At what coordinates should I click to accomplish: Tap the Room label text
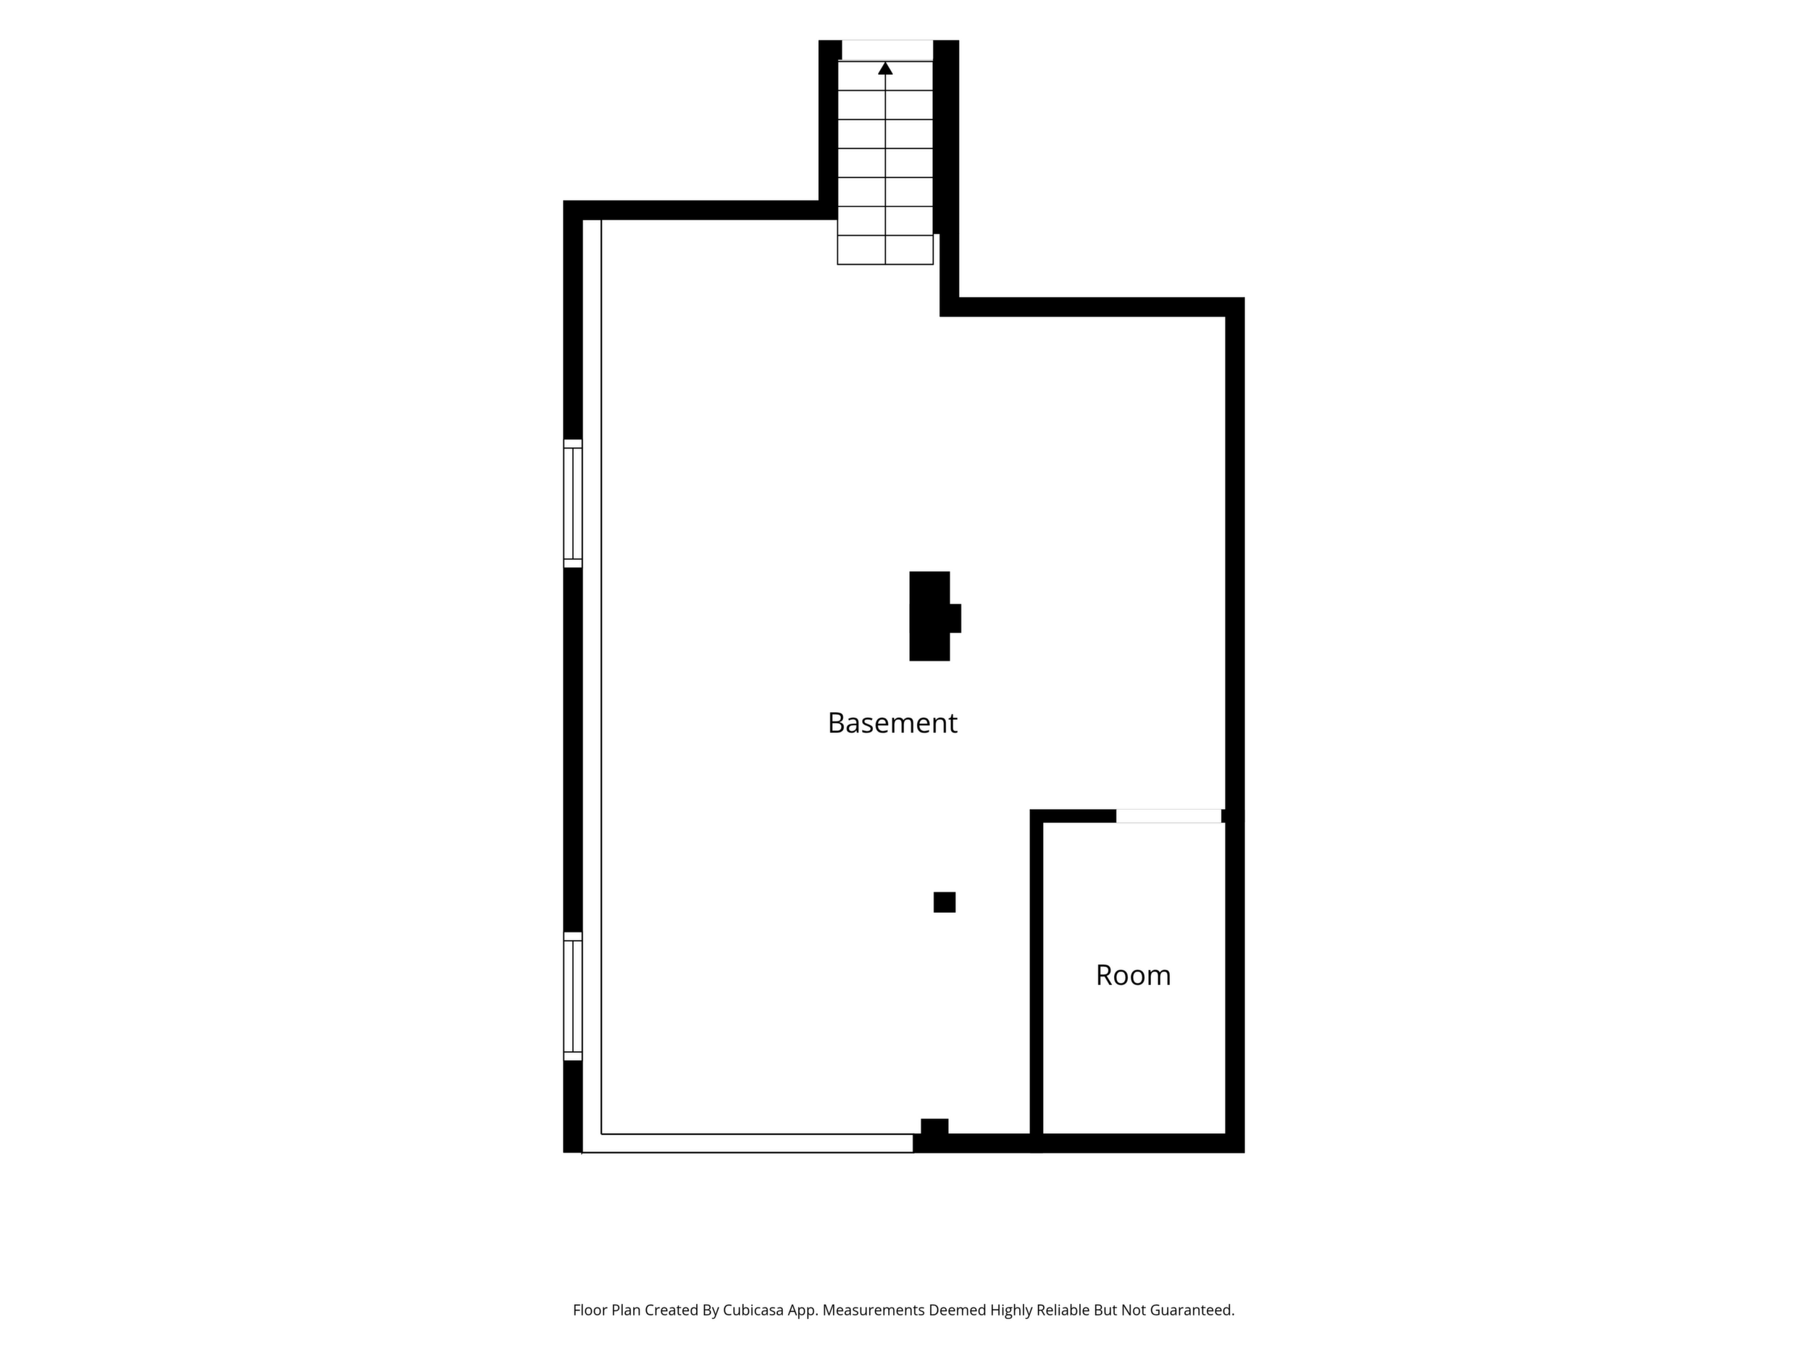coord(1133,975)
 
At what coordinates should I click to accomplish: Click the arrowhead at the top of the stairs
coord(885,68)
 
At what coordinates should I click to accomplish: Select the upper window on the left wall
coord(573,503)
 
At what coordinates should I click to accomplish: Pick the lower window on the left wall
coord(573,997)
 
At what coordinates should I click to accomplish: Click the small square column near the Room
coord(944,903)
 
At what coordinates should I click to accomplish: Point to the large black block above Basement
coord(932,616)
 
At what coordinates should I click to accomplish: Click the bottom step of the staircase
coord(885,250)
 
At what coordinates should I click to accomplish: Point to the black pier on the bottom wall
coord(934,1126)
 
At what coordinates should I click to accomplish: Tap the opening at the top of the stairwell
coord(887,50)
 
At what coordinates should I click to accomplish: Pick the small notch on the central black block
coord(955,618)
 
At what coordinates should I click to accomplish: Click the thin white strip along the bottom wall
coord(747,1144)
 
